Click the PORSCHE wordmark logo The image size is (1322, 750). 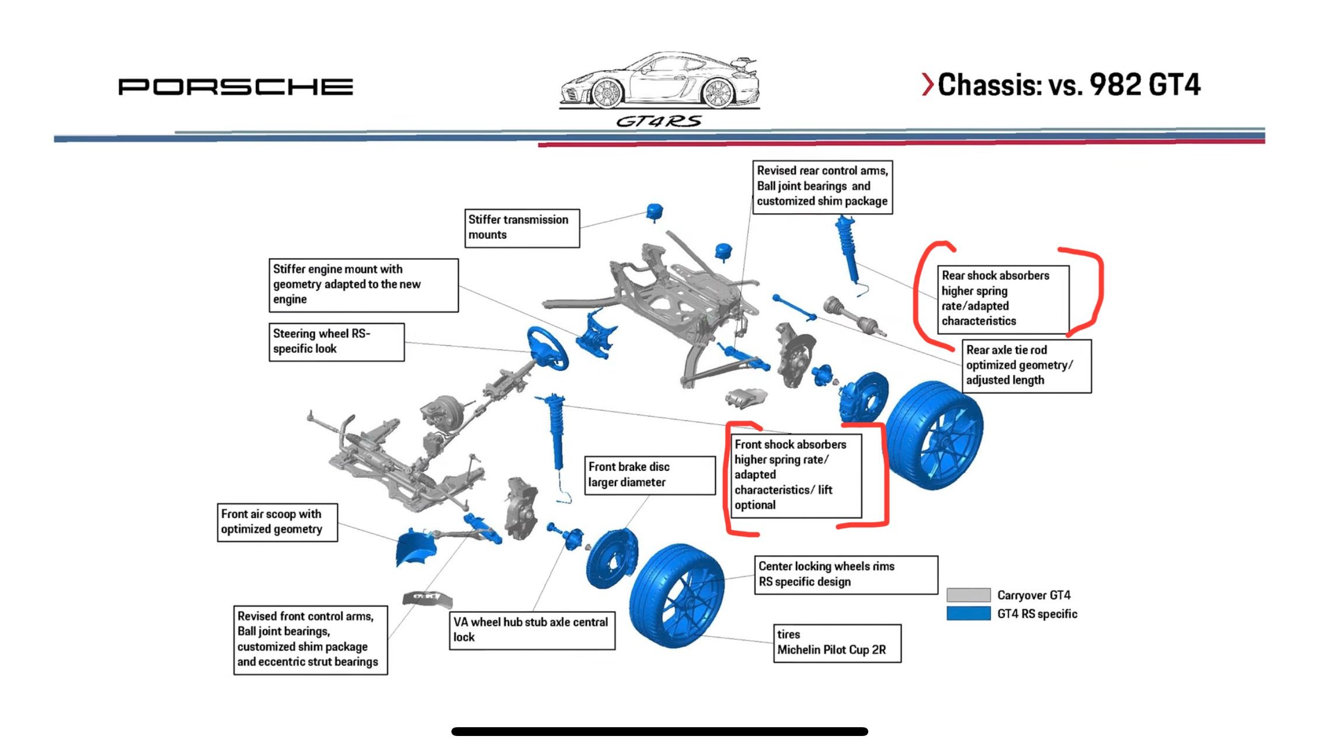coord(235,86)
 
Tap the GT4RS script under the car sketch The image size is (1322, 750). coord(659,121)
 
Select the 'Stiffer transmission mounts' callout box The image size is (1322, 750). coord(522,228)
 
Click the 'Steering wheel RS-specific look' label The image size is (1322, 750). coord(336,342)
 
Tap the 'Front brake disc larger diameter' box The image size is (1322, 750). coord(650,475)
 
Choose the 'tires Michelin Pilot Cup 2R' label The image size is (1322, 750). coord(837,643)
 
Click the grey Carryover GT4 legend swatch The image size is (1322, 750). coord(968,595)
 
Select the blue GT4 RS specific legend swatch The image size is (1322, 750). coord(968,613)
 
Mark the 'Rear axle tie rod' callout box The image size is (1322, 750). coord(1026,366)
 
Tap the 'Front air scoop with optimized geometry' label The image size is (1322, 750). coord(277,522)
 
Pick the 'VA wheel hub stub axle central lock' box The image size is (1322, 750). coord(532,630)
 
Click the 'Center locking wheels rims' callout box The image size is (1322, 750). coord(846,575)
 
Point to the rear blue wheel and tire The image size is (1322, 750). coord(934,435)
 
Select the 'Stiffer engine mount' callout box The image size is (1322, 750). coord(363,285)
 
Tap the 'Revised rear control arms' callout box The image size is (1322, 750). coord(822,187)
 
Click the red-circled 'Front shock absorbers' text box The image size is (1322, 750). coord(796,475)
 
